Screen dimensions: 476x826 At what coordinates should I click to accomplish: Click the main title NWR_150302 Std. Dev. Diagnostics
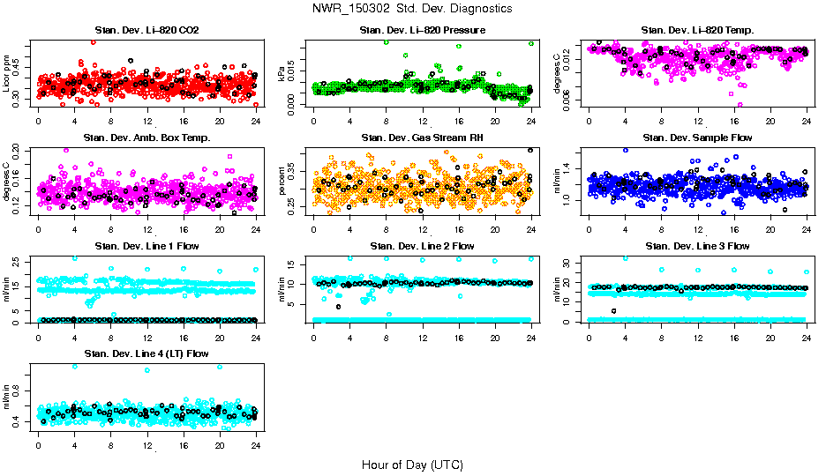tap(412, 9)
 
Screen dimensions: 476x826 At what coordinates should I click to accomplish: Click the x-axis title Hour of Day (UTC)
tap(412, 464)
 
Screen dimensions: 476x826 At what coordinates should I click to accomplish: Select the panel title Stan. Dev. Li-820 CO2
tap(146, 31)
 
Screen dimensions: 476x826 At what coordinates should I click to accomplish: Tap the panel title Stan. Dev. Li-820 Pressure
tap(423, 31)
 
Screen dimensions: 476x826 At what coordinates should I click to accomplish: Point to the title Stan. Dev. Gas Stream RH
tap(422, 138)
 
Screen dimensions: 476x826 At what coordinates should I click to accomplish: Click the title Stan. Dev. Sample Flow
tap(697, 138)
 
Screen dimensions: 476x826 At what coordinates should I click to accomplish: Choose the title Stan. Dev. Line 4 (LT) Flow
tap(146, 353)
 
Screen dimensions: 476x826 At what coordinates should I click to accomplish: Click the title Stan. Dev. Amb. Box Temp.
tap(146, 138)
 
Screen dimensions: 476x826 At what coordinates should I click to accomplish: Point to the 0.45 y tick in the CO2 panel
tap(20, 61)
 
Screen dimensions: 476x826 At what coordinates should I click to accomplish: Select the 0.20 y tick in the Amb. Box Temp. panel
tap(20, 152)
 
